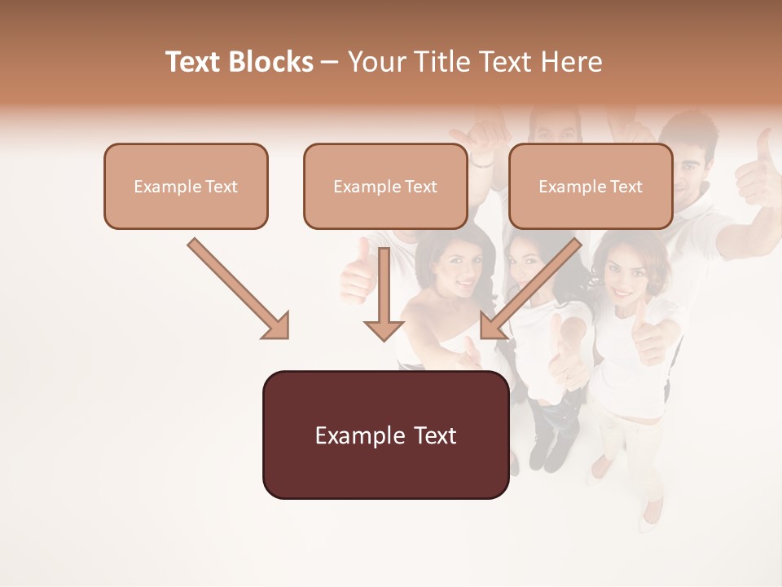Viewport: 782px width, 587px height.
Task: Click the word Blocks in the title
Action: click(270, 62)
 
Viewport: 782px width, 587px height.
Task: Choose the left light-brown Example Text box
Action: click(186, 187)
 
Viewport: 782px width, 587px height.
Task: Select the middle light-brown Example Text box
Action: click(385, 187)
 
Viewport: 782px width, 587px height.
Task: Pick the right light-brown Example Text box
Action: click(591, 187)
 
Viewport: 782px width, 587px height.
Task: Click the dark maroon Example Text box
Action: click(385, 435)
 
